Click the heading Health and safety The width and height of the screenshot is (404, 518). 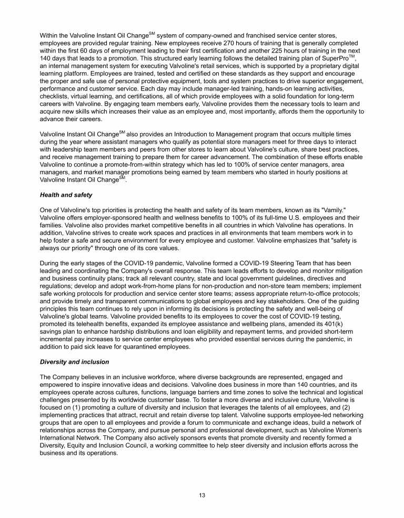pyautogui.click(x=66, y=195)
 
